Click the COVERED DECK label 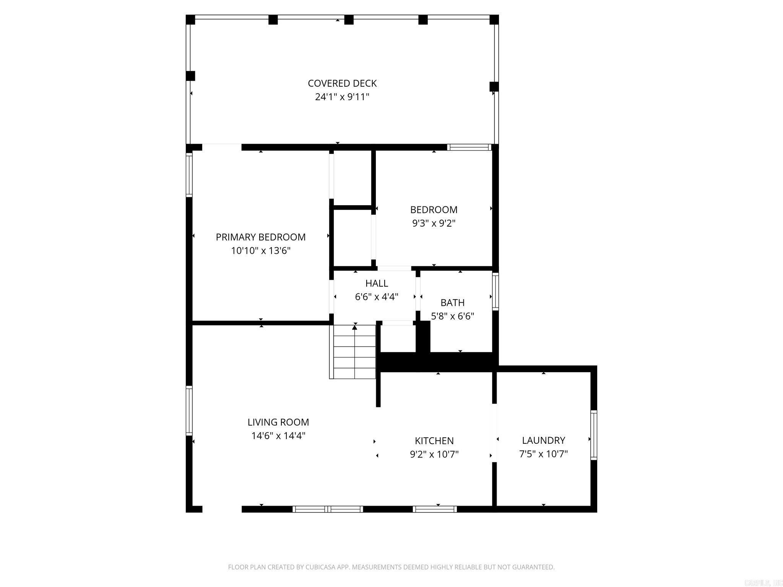(x=342, y=83)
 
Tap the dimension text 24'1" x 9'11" (x=342, y=97)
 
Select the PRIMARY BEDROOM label (x=261, y=237)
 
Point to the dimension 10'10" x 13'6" (x=261, y=251)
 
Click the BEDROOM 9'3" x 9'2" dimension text (x=434, y=223)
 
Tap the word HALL (x=377, y=283)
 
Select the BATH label (x=452, y=303)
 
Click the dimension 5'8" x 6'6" (x=452, y=316)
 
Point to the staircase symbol (x=354, y=352)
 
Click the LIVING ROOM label (x=278, y=422)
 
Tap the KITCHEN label (x=434, y=441)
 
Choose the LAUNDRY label (x=543, y=440)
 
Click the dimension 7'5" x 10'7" (x=543, y=454)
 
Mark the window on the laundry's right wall (x=594, y=435)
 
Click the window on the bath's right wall (x=495, y=291)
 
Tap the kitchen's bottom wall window (x=435, y=509)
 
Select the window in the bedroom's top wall (x=469, y=147)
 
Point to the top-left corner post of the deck (x=190, y=19)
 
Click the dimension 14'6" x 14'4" (x=278, y=436)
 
